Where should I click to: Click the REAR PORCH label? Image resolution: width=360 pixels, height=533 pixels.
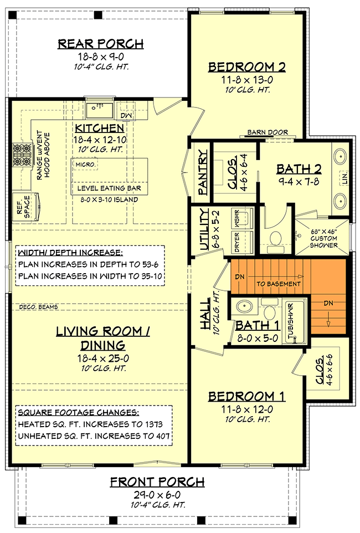pos(101,44)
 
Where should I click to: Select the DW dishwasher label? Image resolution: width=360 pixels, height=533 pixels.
pos(127,115)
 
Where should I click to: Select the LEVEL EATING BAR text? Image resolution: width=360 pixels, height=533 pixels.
pos(109,188)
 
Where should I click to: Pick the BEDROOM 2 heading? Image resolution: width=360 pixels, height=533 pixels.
pos(247,67)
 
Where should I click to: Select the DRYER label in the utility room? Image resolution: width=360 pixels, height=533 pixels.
pos(236,242)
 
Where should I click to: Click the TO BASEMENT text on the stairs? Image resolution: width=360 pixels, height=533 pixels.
pos(279,284)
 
